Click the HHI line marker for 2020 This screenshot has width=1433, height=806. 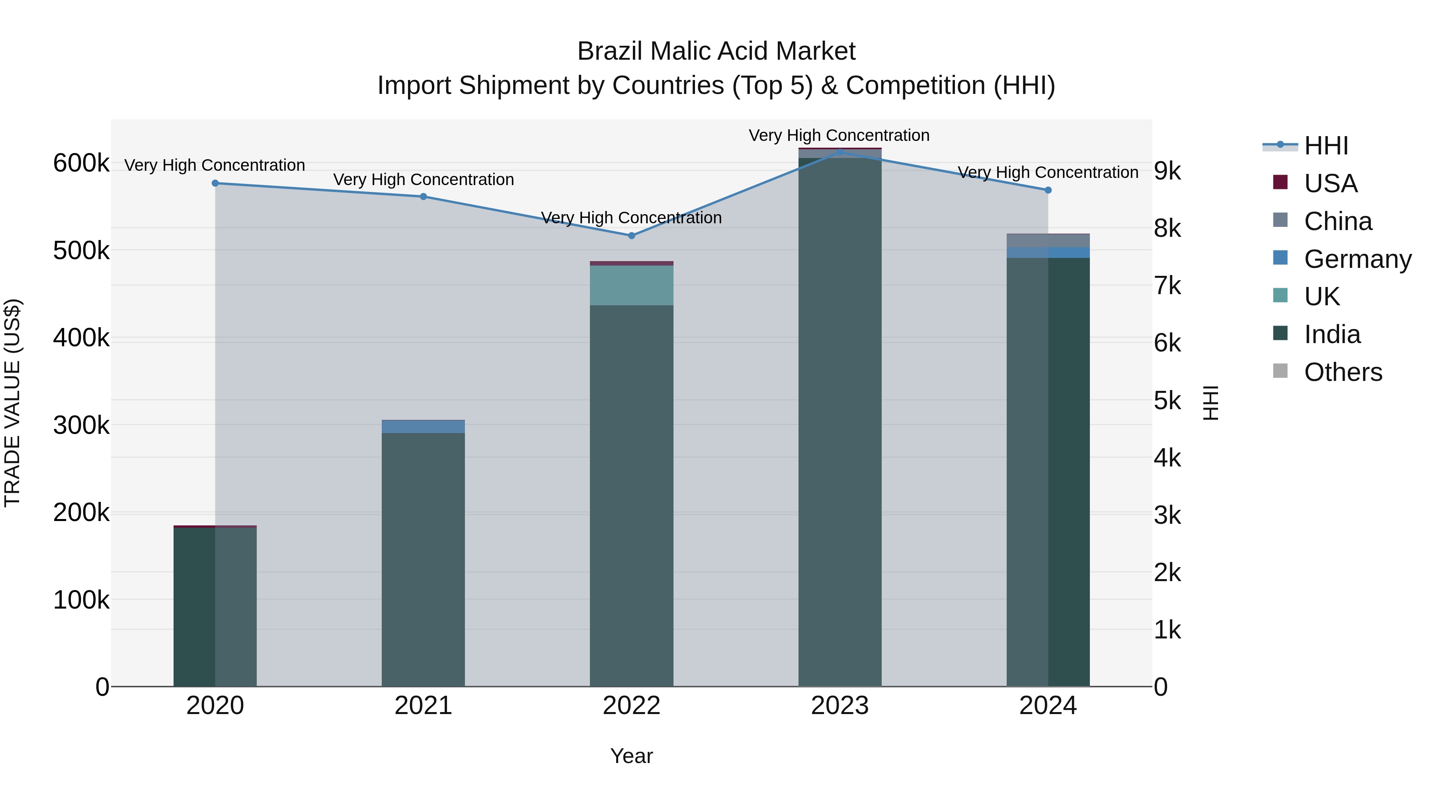coord(215,183)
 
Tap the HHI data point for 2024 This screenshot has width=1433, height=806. coord(1048,190)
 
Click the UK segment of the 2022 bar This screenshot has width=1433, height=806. coord(631,285)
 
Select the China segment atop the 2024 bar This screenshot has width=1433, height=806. coord(1048,241)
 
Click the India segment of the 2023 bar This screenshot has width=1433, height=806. coord(840,423)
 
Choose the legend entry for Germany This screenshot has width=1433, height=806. coord(1357,259)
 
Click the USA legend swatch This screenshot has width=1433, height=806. coord(1280,182)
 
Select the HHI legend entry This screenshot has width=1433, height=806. coord(1326,146)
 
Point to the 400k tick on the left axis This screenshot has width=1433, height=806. coord(81,338)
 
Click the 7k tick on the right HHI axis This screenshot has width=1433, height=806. coord(1167,286)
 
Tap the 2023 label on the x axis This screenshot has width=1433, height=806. coord(840,706)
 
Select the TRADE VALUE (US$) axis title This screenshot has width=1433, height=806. coord(12,403)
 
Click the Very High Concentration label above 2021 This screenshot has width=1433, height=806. coord(424,180)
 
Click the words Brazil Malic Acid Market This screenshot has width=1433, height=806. coord(716,51)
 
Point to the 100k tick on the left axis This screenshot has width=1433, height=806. coord(81,600)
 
